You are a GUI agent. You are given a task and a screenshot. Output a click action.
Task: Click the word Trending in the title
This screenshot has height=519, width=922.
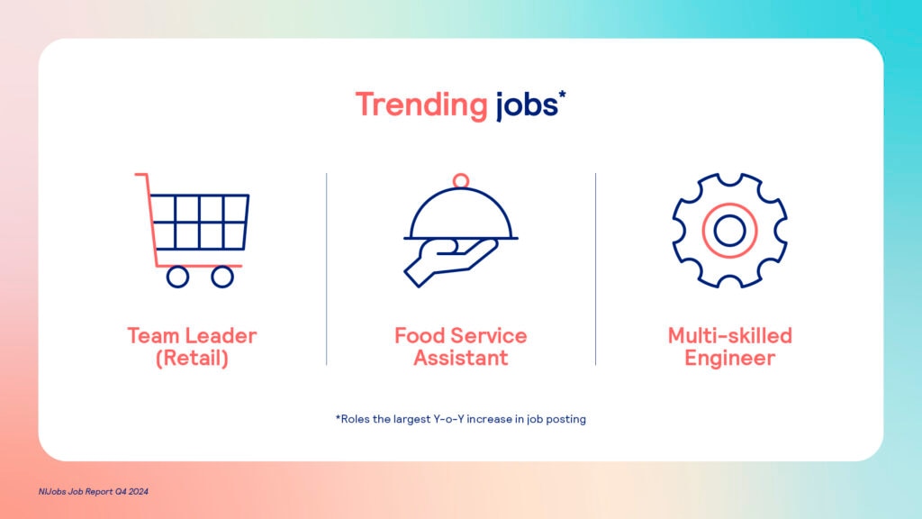tap(421, 106)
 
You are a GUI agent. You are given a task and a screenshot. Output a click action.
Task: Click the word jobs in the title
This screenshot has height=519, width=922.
tap(526, 106)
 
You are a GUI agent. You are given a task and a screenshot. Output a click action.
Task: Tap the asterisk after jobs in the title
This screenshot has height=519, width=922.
tap(562, 94)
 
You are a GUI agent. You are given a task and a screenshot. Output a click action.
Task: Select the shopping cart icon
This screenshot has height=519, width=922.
tap(193, 230)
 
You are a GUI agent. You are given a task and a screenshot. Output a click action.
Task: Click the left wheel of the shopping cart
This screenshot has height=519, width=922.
tap(177, 277)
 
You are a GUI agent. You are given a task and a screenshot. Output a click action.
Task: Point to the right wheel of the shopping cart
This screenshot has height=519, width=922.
tap(222, 277)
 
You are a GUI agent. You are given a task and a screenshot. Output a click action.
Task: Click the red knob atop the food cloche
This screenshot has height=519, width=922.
tap(461, 180)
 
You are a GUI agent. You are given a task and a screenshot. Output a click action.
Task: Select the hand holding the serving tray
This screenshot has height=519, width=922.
tap(450, 262)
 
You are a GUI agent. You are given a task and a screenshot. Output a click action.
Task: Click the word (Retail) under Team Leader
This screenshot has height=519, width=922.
tap(193, 358)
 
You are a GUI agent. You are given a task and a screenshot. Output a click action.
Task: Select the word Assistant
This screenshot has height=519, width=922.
tap(461, 358)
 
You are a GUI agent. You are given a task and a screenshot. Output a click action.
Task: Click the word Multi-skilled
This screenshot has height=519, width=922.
tap(729, 335)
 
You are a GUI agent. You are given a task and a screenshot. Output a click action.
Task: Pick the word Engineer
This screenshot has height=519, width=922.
tap(729, 358)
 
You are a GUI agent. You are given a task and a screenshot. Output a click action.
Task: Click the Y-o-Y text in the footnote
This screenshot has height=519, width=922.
tap(448, 419)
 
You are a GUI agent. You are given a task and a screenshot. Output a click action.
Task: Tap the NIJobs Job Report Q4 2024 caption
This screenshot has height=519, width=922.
tap(93, 491)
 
